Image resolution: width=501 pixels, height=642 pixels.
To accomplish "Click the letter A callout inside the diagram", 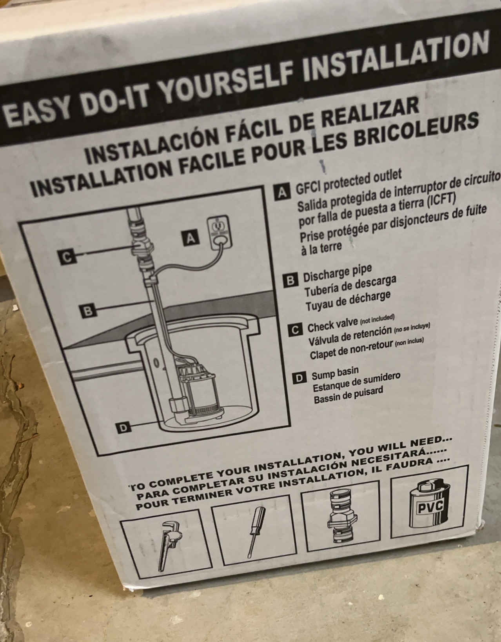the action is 191,238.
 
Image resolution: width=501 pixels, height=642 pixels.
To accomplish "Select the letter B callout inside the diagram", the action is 88,311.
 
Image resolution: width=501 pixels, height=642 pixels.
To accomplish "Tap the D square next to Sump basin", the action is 299,378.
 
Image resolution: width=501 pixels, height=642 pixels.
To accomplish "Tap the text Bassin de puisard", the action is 349,395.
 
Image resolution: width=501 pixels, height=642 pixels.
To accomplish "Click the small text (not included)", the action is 377,318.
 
